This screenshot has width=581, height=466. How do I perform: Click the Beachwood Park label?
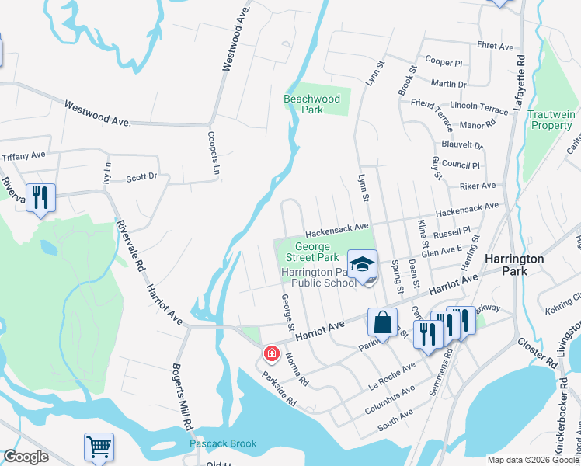pyautogui.click(x=311, y=104)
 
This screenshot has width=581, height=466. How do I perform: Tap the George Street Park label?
pyautogui.click(x=311, y=252)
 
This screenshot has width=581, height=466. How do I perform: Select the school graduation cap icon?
pyautogui.click(x=362, y=264)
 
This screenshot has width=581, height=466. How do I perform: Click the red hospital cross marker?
pyautogui.click(x=271, y=354)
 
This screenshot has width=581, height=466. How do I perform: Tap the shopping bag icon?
pyautogui.click(x=383, y=322)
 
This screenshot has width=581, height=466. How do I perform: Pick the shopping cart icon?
pyautogui.click(x=99, y=447)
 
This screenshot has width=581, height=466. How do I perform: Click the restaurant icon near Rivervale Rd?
pyautogui.click(x=40, y=197)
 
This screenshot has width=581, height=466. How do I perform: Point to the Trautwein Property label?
pyautogui.click(x=551, y=120)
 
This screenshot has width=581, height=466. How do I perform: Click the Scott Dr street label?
pyautogui.click(x=141, y=178)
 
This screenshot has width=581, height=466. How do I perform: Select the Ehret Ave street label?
pyautogui.click(x=496, y=47)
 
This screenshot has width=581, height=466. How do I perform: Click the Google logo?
pyautogui.click(x=26, y=457)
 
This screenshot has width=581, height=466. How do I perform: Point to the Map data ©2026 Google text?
pyautogui.click(x=532, y=460)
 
